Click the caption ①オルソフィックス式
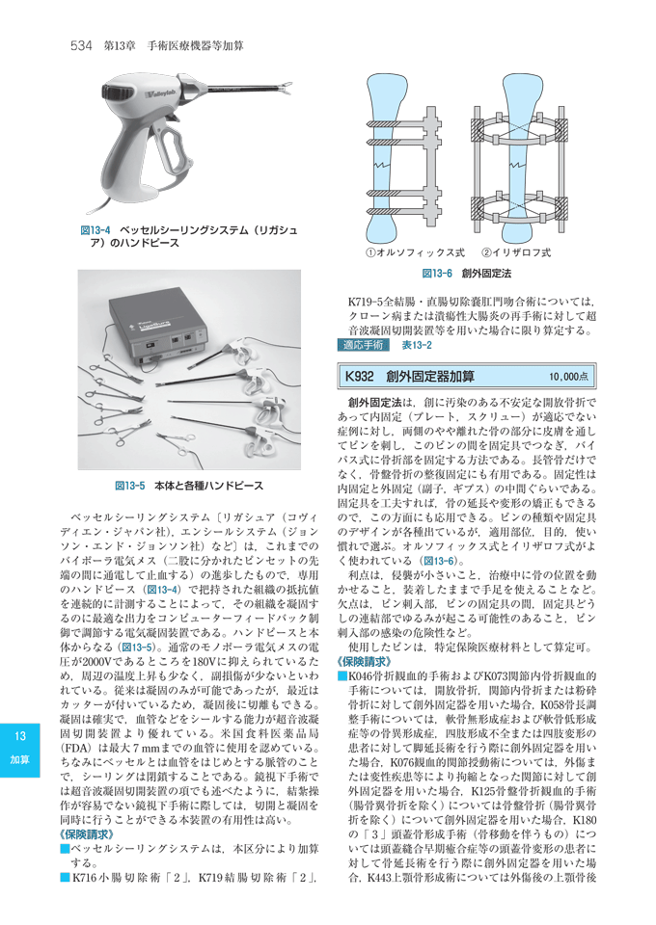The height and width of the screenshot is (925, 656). click(x=405, y=253)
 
